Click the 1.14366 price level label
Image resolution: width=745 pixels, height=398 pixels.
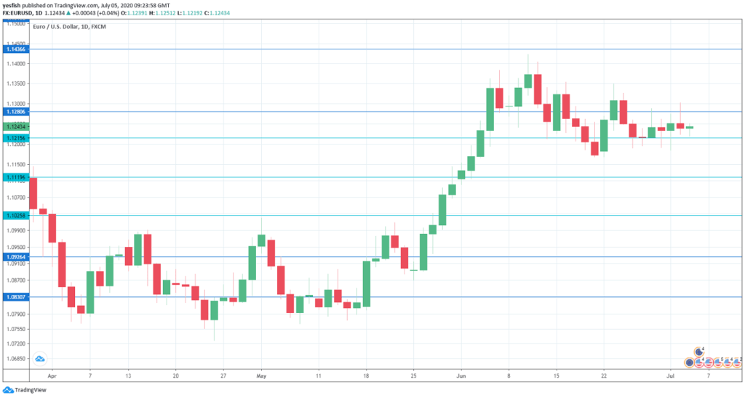pos(15,49)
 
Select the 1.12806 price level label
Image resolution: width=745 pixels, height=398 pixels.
pos(15,112)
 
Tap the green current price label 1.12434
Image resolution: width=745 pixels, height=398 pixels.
pos(15,126)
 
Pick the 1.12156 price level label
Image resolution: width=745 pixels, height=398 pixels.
pos(15,138)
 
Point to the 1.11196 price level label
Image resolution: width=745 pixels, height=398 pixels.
pos(15,177)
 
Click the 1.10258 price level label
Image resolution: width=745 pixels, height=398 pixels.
pos(15,216)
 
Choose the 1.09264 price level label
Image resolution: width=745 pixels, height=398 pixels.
pos(15,256)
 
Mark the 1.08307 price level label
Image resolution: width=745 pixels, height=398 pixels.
pos(15,296)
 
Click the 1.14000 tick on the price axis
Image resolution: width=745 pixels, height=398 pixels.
pos(15,64)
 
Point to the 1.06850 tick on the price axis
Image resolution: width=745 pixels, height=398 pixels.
pos(15,359)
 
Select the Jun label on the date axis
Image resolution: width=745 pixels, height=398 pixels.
pos(461,377)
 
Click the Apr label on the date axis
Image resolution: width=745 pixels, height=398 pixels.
pos(51,377)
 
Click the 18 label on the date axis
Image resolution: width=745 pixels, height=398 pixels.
pos(366,377)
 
